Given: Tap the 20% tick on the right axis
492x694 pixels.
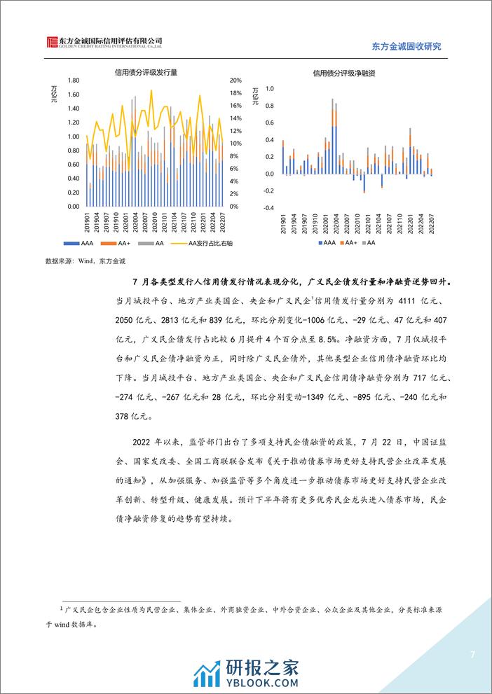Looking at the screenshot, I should coord(235,81).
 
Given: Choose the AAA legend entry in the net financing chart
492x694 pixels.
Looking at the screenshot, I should coord(326,242).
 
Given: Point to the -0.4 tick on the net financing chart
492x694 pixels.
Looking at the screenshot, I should coord(267,207).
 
